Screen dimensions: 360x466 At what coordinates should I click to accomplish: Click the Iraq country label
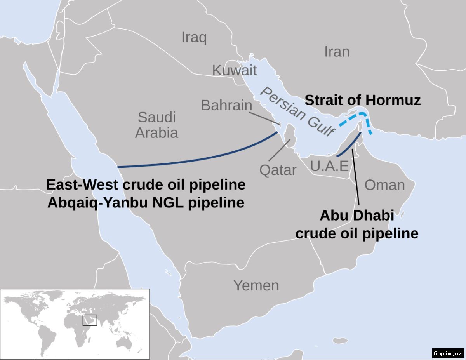coord(194,38)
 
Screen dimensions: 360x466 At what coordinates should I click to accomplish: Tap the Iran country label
coord(337,52)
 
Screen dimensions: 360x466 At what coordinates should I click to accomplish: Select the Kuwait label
coord(234,70)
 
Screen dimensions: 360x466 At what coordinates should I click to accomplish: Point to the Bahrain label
coord(226,105)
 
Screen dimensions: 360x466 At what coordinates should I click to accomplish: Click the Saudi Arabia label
coord(156,125)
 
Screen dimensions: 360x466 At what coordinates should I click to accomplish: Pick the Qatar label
coord(278,170)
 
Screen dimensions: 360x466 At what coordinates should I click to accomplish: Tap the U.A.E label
coord(329,166)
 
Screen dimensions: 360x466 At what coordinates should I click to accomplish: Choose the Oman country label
coord(384,185)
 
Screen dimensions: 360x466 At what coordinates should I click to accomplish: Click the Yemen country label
coord(256,285)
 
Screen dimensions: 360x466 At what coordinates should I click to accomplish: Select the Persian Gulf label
coord(297,112)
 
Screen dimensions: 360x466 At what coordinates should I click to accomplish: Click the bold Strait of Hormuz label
coord(362,100)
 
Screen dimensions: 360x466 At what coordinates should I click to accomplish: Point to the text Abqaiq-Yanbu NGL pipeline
coord(146,203)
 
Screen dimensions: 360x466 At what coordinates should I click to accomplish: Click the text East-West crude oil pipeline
coord(146,184)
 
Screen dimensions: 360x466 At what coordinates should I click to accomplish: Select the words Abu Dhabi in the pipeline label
coord(356,216)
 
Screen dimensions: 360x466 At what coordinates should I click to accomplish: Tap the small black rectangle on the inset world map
coord(90,320)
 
